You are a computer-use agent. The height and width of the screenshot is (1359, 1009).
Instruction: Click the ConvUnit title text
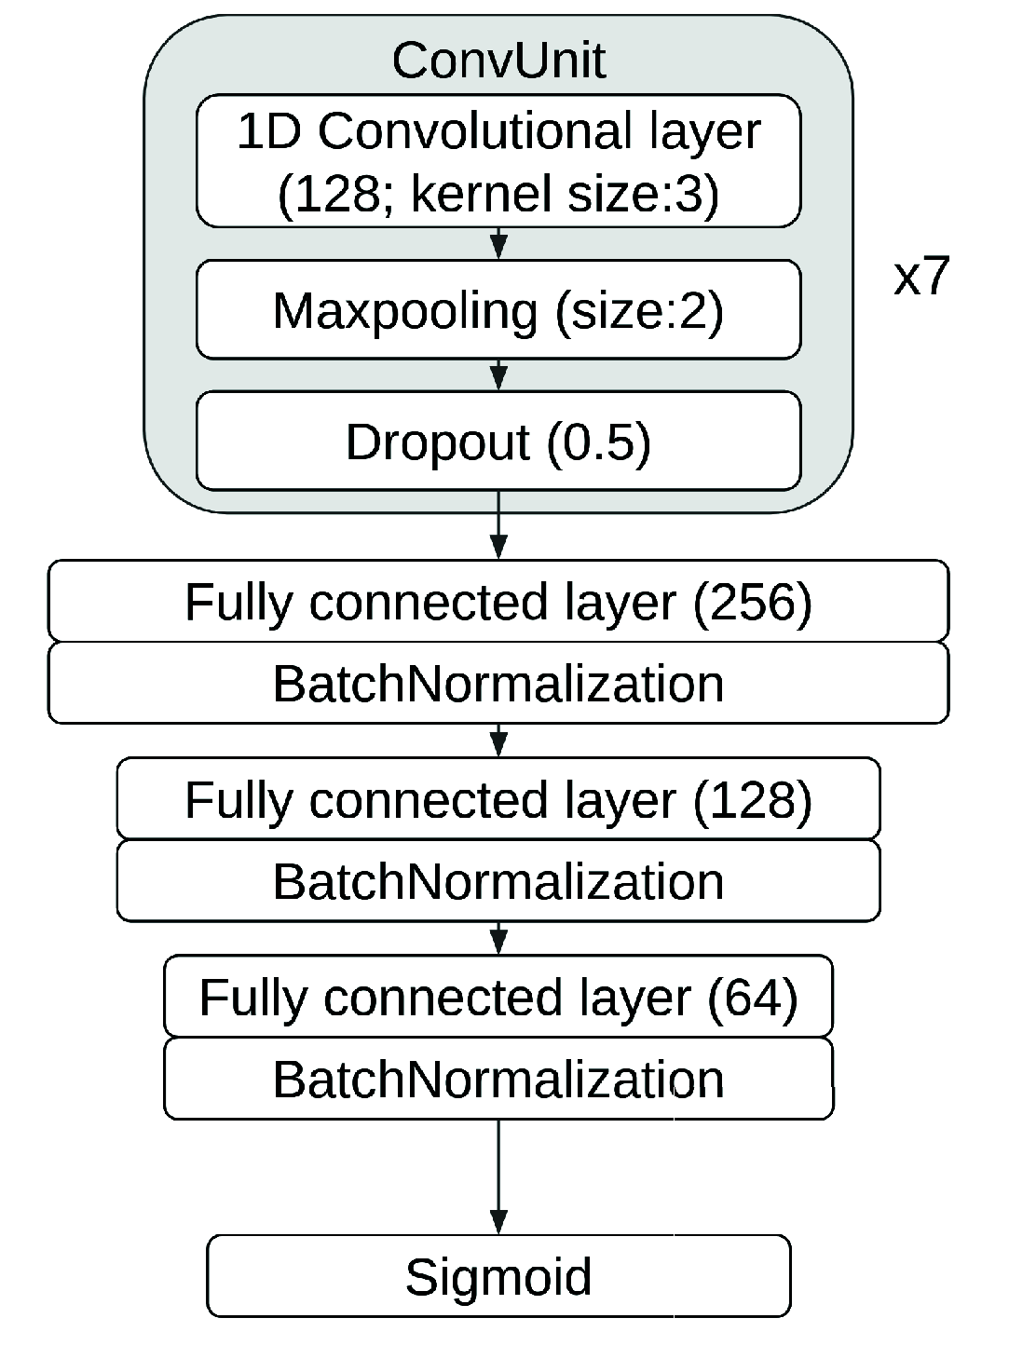(x=498, y=61)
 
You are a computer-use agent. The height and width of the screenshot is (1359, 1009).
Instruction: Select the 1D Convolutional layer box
(x=498, y=160)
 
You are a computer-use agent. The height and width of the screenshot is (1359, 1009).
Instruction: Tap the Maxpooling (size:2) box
(x=498, y=309)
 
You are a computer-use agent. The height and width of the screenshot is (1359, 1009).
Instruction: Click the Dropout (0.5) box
(x=498, y=441)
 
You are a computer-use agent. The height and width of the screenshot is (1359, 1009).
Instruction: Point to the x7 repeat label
(x=920, y=277)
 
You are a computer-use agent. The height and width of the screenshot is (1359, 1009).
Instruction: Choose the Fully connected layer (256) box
(x=498, y=601)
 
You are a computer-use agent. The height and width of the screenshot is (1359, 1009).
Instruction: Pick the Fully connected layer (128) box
(x=498, y=799)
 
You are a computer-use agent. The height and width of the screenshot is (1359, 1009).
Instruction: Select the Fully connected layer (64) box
(x=498, y=997)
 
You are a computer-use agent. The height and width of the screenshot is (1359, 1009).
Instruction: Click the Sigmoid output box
(x=498, y=1276)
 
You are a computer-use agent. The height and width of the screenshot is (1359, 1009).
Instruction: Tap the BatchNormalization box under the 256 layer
(x=498, y=684)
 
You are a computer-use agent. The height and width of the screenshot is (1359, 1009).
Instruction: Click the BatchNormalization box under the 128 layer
(x=498, y=881)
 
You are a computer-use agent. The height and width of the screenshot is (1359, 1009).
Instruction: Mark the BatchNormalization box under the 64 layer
(x=498, y=1079)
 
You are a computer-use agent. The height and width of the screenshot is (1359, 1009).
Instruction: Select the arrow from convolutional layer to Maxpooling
(x=498, y=243)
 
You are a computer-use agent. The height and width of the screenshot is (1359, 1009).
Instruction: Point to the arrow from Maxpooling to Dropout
(x=498, y=374)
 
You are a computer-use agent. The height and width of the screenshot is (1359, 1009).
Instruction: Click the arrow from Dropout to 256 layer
(x=498, y=526)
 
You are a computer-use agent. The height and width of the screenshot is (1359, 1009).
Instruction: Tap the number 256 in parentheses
(x=752, y=602)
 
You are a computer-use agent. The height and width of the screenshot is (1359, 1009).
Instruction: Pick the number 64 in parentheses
(x=752, y=998)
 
